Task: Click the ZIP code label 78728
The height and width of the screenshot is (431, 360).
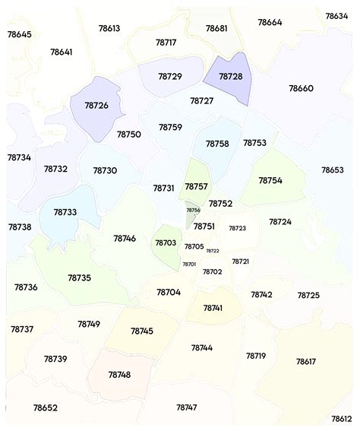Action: pos(230,77)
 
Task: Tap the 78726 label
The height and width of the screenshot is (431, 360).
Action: pos(96,106)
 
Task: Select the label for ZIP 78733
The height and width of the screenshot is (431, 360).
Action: pos(64,212)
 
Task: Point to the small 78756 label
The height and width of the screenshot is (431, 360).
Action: pos(194,211)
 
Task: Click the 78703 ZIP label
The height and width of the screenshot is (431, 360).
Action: pos(166,243)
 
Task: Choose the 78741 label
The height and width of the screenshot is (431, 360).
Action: pos(213,308)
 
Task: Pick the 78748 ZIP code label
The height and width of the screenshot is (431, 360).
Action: pos(119,375)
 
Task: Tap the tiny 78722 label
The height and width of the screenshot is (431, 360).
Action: pos(213,251)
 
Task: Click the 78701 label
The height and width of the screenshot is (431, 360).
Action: pos(189,264)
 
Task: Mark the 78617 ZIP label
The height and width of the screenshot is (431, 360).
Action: pos(306,361)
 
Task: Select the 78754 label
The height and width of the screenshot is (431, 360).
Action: pos(270,181)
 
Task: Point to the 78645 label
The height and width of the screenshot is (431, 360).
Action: pos(19,34)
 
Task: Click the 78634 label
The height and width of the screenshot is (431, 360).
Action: pos(336,16)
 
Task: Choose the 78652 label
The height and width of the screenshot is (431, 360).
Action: pos(45,408)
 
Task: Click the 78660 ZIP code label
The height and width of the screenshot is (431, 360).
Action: pos(301,89)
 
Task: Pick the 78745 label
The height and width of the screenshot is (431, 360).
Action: pos(141,331)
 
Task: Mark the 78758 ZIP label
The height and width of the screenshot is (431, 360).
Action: pos(217,144)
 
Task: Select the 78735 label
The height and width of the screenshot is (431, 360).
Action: pos(79,278)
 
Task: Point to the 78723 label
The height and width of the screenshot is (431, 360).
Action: pos(238,228)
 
